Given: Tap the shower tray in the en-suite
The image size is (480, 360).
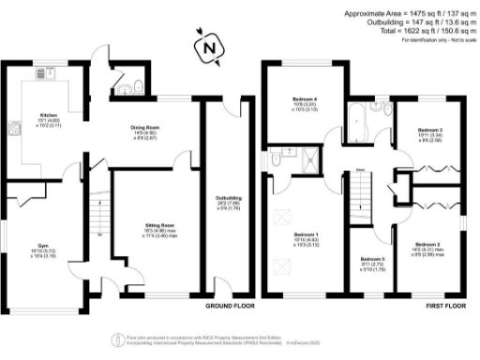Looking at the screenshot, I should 304,160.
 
